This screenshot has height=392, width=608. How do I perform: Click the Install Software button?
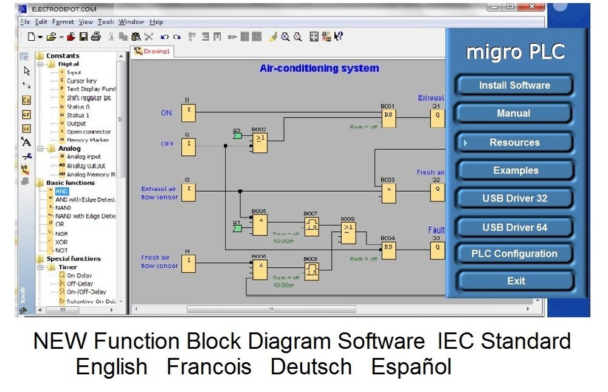(x=514, y=85)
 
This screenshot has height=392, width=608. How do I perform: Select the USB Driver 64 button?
(x=514, y=227)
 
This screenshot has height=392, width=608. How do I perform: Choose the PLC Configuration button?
(x=514, y=254)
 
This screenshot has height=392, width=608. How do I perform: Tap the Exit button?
(x=516, y=281)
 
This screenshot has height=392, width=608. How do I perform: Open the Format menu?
(x=63, y=22)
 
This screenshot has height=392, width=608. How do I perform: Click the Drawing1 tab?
(x=153, y=52)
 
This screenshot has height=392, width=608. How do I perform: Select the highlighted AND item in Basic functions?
(x=62, y=191)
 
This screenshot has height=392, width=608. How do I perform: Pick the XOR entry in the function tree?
(x=61, y=242)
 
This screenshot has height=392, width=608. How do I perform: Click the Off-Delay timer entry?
(x=80, y=284)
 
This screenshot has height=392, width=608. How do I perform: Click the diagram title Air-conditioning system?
(x=319, y=68)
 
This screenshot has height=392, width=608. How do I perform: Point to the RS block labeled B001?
(x=388, y=118)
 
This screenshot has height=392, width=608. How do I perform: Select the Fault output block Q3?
(x=437, y=250)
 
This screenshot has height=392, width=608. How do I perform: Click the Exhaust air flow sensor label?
(x=159, y=193)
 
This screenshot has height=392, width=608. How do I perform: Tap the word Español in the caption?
(x=411, y=367)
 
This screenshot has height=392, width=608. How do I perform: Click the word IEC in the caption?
(x=456, y=341)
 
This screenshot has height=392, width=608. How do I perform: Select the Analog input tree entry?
(x=84, y=156)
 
